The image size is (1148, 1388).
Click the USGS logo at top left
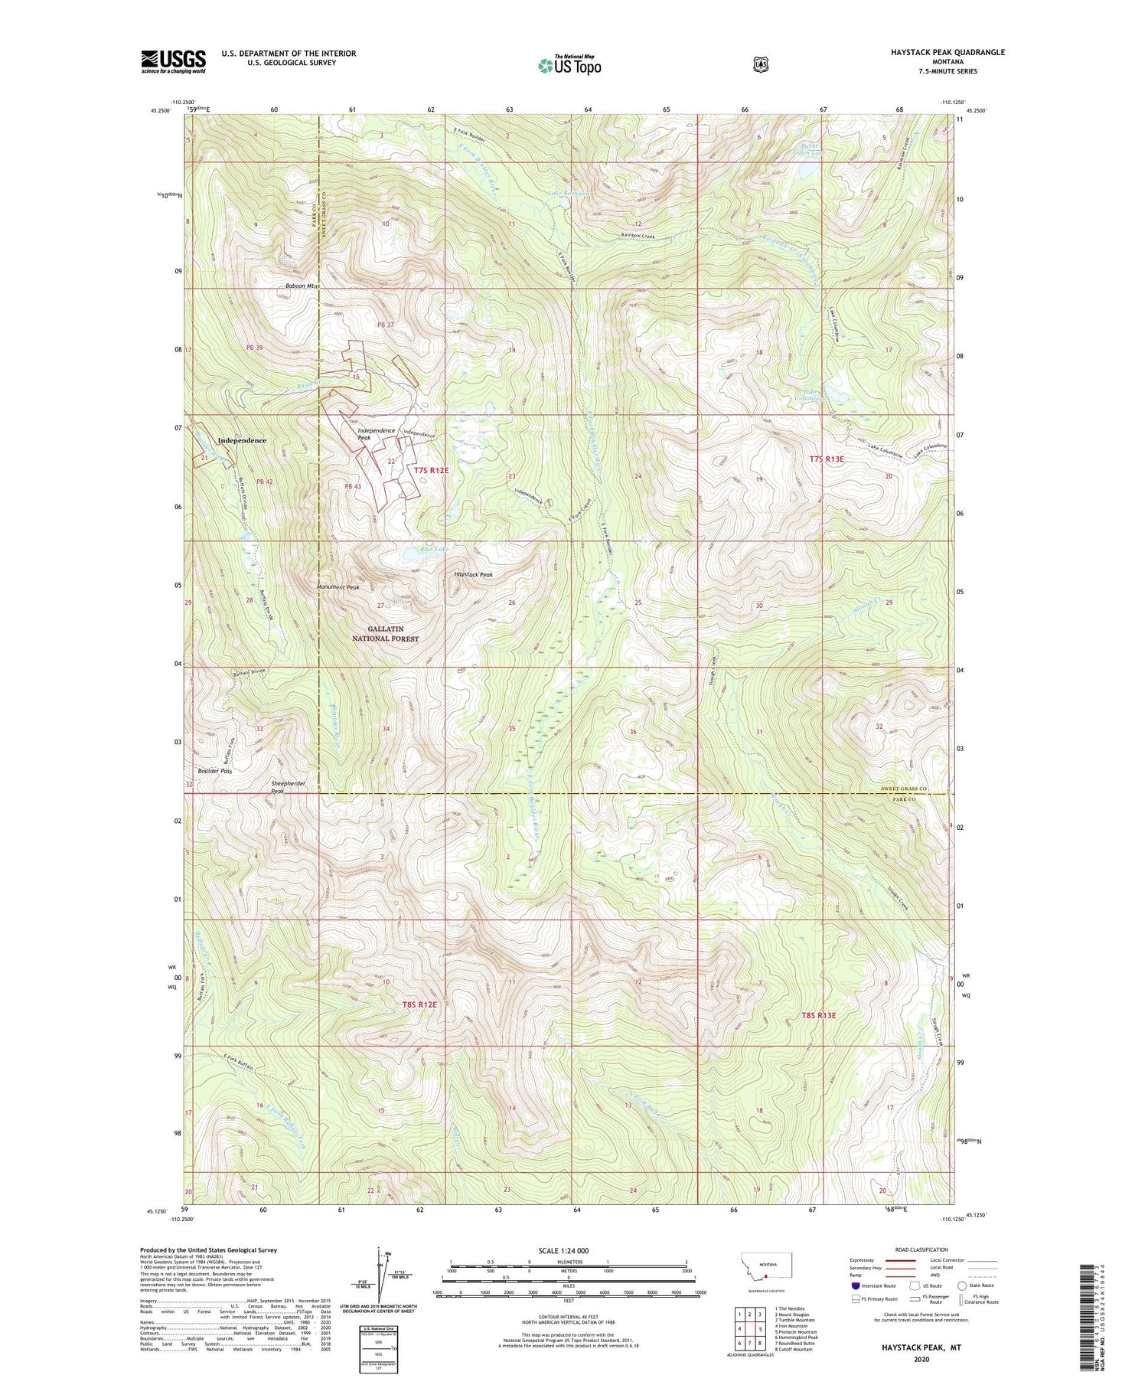173,61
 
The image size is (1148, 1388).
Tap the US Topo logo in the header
569,65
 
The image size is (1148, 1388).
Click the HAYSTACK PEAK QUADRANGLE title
942,52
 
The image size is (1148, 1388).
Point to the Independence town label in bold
242,441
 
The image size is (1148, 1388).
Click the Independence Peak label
376,434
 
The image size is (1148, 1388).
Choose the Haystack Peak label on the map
474,574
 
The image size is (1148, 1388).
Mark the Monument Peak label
338,587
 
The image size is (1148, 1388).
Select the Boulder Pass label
215,771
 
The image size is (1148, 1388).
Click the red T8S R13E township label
818,1015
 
